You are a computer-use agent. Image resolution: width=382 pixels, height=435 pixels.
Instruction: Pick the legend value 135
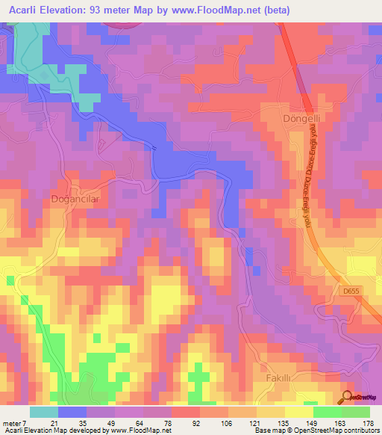(x=284, y=423)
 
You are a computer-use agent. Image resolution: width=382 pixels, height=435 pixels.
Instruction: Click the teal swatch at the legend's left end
(x=43, y=412)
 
